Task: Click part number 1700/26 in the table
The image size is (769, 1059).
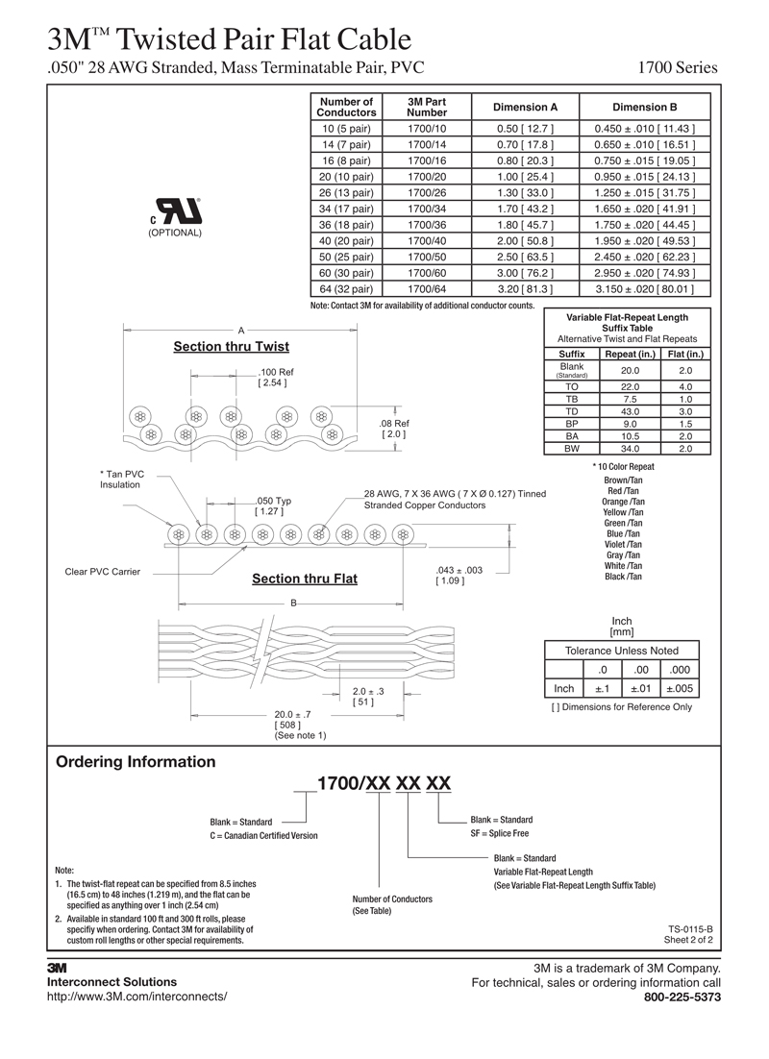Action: click(427, 192)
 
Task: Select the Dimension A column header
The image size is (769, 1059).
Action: click(525, 107)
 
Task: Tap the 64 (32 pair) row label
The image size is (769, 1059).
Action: click(346, 288)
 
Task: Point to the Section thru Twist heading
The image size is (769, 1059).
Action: click(231, 347)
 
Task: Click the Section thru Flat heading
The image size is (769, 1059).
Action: click(304, 579)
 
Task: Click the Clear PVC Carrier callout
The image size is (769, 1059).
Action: click(102, 572)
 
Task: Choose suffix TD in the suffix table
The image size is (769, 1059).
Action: click(572, 411)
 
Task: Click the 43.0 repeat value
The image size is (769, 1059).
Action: click(630, 411)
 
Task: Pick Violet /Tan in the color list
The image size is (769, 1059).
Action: click(623, 545)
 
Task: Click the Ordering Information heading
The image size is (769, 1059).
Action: click(136, 762)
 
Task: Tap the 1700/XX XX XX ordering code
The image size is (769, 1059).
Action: click(384, 783)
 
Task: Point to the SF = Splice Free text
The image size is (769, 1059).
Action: click(499, 833)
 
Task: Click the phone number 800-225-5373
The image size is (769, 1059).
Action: click(682, 997)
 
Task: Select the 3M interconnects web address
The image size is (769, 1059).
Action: click(137, 997)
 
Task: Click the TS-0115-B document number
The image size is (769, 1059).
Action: click(690, 928)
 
